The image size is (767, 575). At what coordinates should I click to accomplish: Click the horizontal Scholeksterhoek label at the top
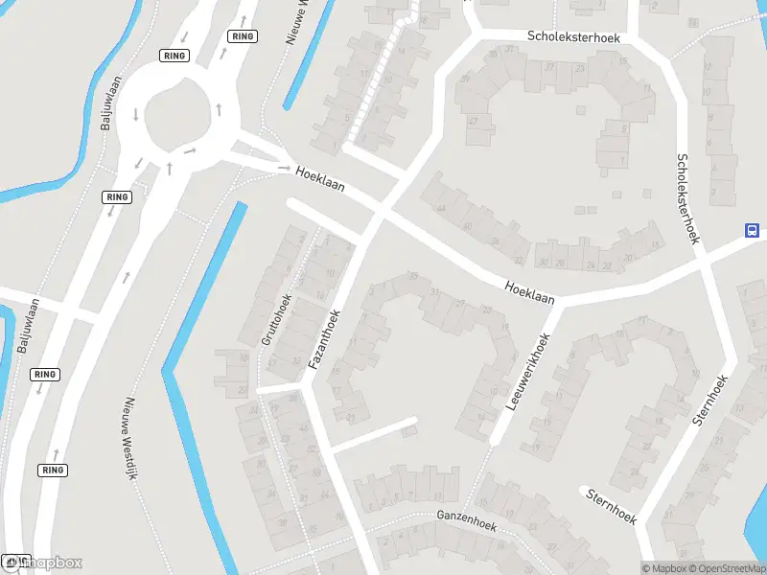(x=574, y=36)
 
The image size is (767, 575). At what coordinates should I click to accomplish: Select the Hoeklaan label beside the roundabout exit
(x=320, y=178)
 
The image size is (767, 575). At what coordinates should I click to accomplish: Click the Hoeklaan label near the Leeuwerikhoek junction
(x=530, y=292)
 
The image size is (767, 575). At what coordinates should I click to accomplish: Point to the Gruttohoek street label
(x=276, y=318)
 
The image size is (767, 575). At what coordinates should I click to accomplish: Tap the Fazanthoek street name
(x=324, y=340)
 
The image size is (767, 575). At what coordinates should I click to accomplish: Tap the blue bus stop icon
(x=753, y=230)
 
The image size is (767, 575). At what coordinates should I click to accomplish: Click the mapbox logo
(x=43, y=563)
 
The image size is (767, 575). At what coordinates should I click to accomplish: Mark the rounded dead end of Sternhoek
(x=584, y=491)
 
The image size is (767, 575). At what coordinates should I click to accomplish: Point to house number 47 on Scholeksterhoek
(x=473, y=122)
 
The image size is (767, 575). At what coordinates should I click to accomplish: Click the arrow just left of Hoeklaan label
(x=284, y=169)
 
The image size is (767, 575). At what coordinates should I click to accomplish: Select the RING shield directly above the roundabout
(x=174, y=56)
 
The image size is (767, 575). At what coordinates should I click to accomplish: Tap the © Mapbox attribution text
(x=664, y=568)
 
